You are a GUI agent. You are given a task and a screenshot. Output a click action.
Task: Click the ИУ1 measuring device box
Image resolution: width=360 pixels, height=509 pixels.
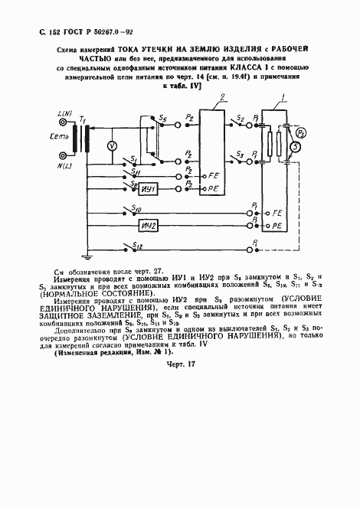[x=149, y=189]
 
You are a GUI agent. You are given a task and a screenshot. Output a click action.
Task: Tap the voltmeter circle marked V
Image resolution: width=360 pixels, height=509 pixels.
[x=110, y=145]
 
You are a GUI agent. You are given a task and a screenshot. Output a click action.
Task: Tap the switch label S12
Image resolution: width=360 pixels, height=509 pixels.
[x=137, y=245]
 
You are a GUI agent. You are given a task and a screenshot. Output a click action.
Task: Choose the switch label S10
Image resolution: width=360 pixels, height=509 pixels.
[x=137, y=207]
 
